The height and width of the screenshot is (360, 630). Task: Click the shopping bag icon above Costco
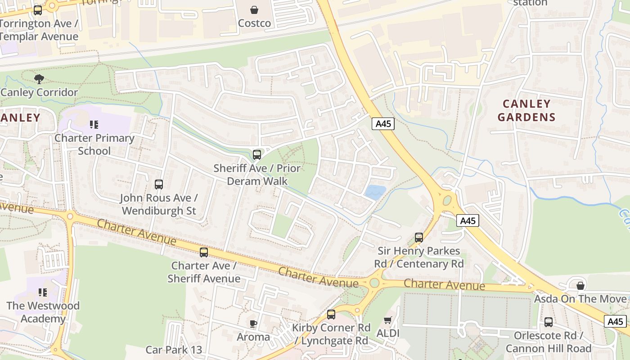[x=254, y=9]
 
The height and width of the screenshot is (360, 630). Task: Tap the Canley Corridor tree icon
[x=39, y=79]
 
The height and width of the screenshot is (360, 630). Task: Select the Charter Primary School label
[x=94, y=144]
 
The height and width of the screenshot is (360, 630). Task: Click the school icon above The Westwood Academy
[x=43, y=292]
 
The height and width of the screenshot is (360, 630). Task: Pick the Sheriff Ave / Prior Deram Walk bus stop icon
[x=257, y=155]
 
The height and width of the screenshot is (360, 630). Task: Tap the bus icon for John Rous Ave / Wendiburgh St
[x=159, y=184]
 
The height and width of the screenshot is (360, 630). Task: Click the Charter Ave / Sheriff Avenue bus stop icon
[x=204, y=252]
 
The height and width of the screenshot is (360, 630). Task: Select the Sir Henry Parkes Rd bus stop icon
[x=419, y=237]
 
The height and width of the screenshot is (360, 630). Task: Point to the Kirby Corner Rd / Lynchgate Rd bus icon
[x=331, y=315]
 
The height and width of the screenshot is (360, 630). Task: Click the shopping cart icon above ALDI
[x=387, y=320]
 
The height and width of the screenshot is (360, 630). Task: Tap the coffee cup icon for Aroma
[x=253, y=324]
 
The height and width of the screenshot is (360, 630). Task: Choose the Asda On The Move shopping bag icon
[x=580, y=286]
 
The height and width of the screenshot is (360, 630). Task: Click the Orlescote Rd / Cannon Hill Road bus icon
[x=548, y=322]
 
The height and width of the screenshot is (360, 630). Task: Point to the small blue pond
[x=375, y=192]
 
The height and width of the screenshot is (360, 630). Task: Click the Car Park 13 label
[x=174, y=350]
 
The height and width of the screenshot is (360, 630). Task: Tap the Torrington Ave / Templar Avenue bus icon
[x=38, y=10]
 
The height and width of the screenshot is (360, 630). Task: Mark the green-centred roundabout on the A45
[x=447, y=200]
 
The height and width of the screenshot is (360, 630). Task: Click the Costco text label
[x=254, y=23]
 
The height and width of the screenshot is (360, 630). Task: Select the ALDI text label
[x=388, y=333]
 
